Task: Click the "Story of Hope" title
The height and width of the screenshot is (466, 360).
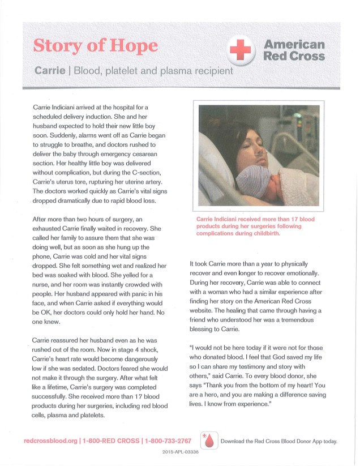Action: click(96, 45)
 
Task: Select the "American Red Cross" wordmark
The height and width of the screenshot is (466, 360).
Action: click(294, 50)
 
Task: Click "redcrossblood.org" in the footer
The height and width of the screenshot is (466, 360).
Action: click(50, 441)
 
